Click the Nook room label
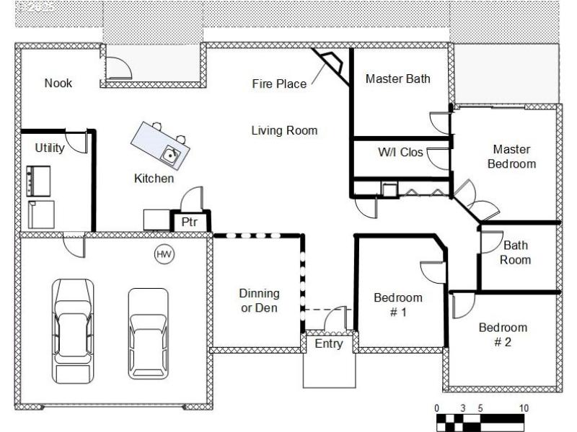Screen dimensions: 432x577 pos(58,83)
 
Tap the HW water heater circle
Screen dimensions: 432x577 pos(164,253)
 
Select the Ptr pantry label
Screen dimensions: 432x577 pos(189,222)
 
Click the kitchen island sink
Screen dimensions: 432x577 pos(170,153)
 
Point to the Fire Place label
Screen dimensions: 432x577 pos(278,84)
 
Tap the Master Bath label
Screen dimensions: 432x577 pos(397,78)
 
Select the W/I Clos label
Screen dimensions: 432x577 pos(400,153)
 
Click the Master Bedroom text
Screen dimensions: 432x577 pos(511,157)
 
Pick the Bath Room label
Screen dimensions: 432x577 pos(516,253)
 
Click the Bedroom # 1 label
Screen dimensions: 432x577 pos(398,305)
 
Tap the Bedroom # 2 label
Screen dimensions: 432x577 pos(503,335)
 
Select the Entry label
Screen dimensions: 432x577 pos(329,344)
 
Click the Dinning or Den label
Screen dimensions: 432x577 pos(259,300)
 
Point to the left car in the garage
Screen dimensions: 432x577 pos(73,331)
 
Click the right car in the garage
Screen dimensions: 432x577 pos(148,333)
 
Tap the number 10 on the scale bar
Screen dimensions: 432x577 pos(524,408)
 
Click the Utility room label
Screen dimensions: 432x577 pos(50,148)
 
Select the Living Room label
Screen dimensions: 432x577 pos(284,130)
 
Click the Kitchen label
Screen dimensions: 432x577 pos(154,178)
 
